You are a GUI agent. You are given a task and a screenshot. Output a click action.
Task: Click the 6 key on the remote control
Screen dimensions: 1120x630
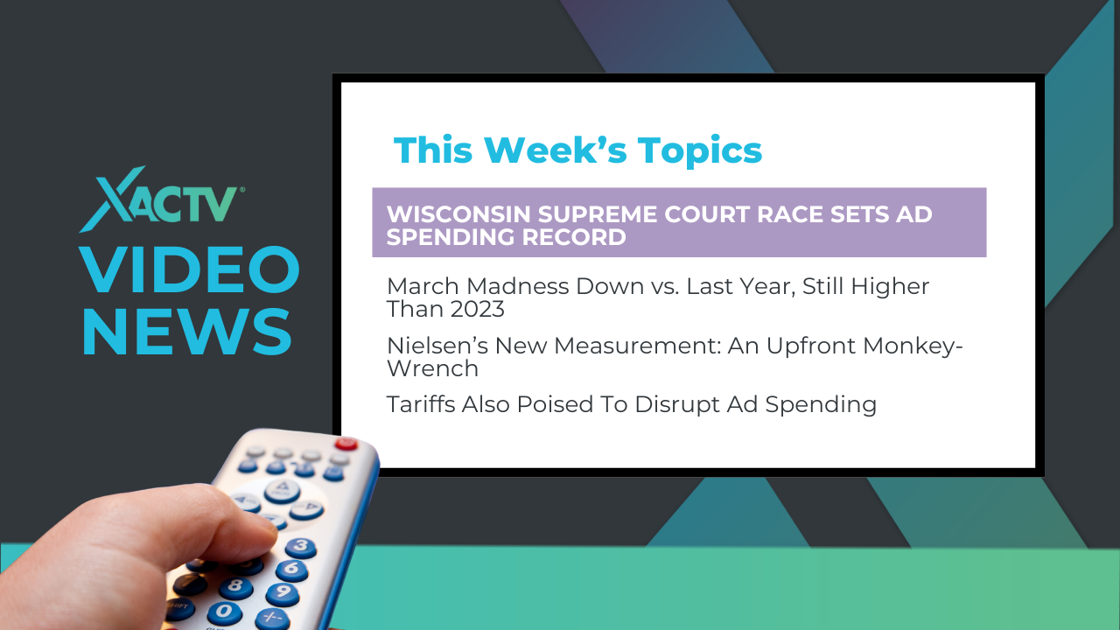click(292, 570)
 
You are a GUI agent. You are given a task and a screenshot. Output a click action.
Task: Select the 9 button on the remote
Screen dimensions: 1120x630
click(283, 593)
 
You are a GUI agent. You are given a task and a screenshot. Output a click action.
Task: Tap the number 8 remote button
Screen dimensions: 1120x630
click(235, 587)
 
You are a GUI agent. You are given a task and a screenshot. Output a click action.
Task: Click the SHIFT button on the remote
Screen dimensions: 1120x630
click(178, 607)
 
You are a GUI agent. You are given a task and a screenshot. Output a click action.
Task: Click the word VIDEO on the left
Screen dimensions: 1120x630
click(190, 269)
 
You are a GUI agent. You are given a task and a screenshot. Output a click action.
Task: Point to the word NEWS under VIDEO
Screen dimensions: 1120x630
click(187, 332)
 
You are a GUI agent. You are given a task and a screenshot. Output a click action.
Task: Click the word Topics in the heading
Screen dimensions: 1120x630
click(700, 151)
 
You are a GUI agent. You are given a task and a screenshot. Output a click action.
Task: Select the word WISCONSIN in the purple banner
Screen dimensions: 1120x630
click(458, 214)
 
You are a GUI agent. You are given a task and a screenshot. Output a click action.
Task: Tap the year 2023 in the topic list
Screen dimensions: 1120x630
click(475, 309)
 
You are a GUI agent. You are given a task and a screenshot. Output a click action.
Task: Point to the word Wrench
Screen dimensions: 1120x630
click(432, 368)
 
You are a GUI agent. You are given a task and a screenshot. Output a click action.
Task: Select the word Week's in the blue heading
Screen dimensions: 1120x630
click(556, 150)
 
